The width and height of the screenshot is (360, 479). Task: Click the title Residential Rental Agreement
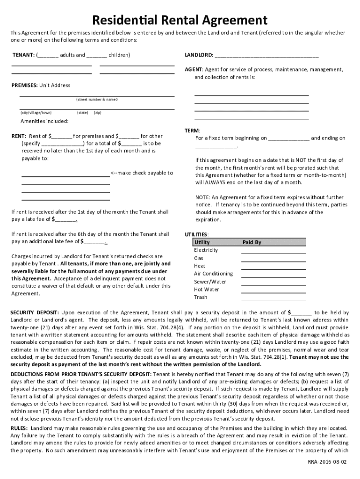tap(180, 20)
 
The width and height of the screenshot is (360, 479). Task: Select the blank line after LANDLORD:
tap(266, 56)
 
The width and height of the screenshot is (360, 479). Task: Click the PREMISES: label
tap(25, 86)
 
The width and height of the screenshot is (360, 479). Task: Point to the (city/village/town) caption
tap(36, 113)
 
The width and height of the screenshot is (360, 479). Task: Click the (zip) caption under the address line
tap(98, 113)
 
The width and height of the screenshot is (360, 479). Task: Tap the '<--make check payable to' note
tap(142, 173)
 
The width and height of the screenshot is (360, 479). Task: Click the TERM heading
tap(192, 131)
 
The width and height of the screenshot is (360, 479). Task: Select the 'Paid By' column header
tap(252, 242)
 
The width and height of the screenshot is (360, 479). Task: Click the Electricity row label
tap(206, 250)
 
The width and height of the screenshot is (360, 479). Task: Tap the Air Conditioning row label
tap(213, 274)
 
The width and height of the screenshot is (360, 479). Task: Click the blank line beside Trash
tap(273, 299)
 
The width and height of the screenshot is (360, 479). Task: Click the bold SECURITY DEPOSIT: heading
tap(35, 312)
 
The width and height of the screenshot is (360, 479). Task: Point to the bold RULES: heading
tap(19, 428)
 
